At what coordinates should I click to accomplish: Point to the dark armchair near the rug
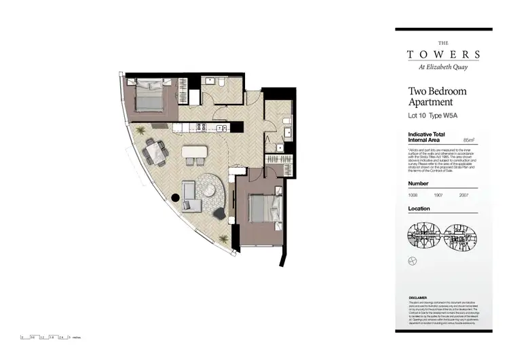click(219, 213)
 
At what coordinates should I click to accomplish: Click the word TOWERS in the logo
click(444, 54)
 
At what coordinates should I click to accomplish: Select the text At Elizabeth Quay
click(444, 67)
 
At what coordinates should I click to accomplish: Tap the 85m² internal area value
click(468, 140)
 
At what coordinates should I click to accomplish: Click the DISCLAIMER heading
click(418, 298)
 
